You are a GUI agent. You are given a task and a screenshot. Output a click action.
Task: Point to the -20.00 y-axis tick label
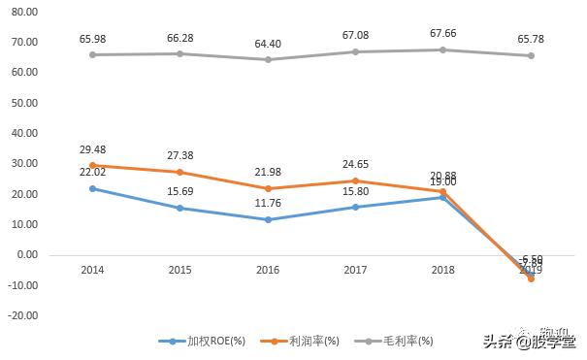coord(21,315)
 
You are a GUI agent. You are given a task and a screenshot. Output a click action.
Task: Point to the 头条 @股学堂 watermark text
coord(529,341)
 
